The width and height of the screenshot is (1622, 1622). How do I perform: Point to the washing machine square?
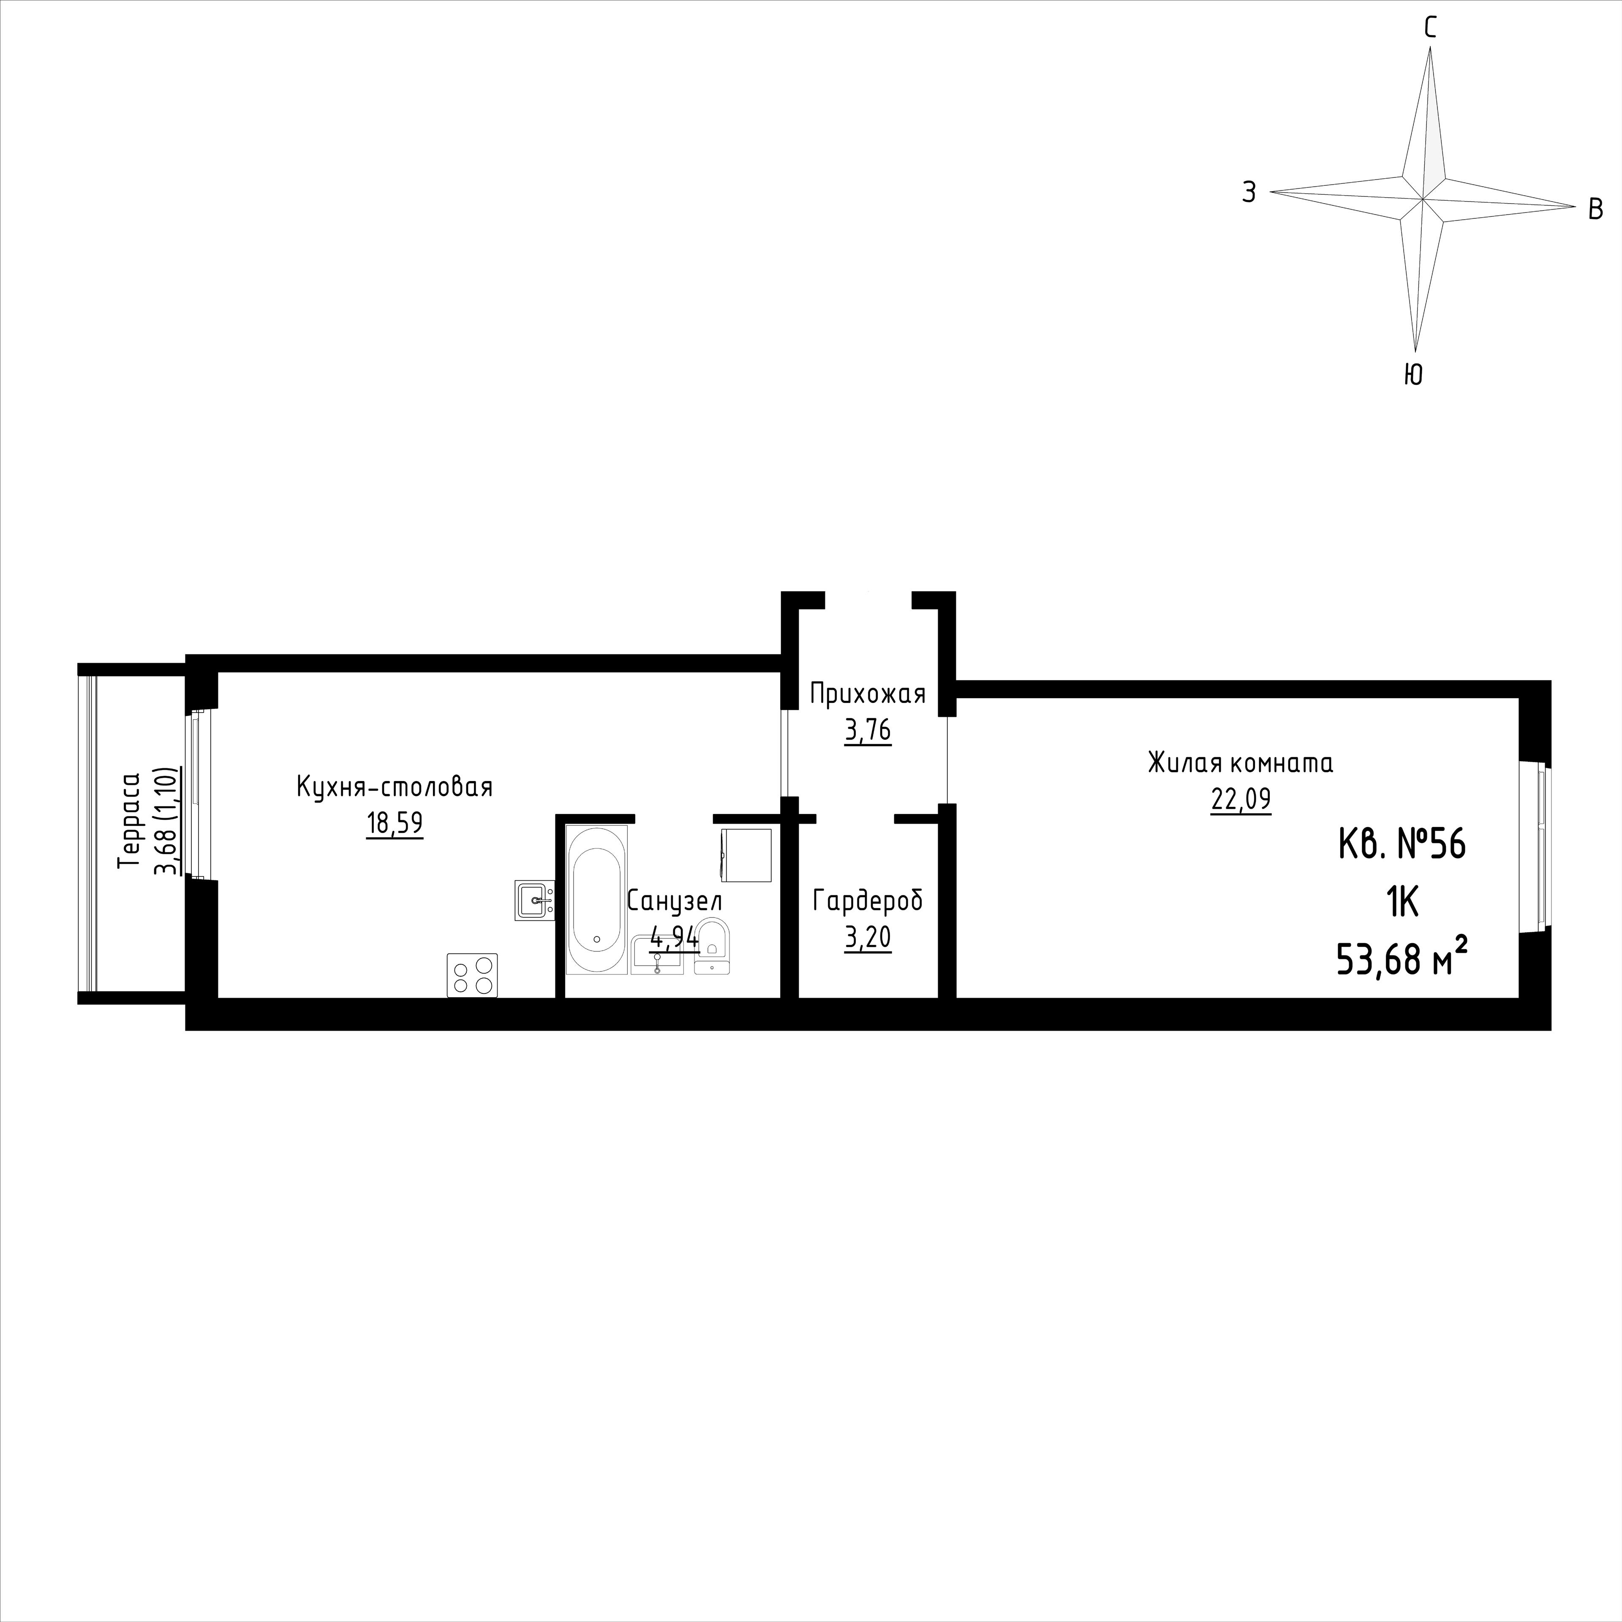[746, 855]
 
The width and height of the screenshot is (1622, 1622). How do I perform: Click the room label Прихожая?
[867, 694]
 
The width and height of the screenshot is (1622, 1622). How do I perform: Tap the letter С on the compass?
[1430, 29]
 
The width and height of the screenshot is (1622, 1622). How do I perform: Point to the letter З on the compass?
[1249, 193]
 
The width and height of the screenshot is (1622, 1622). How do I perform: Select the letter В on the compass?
[1596, 209]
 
